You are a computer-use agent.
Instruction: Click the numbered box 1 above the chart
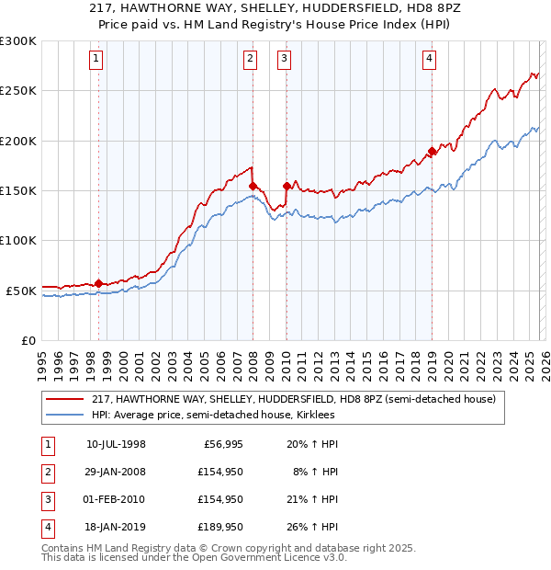[97, 60]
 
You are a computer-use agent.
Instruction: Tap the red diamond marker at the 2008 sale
[253, 186]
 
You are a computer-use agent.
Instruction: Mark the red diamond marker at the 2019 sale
[432, 152]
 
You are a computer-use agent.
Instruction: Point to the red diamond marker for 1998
[98, 283]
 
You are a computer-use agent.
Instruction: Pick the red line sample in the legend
[65, 399]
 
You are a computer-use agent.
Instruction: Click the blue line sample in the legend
[65, 415]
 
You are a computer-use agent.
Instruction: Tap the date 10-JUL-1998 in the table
[116, 445]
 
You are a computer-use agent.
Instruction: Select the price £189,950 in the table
[217, 527]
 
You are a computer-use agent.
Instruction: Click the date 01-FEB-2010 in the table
[116, 499]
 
